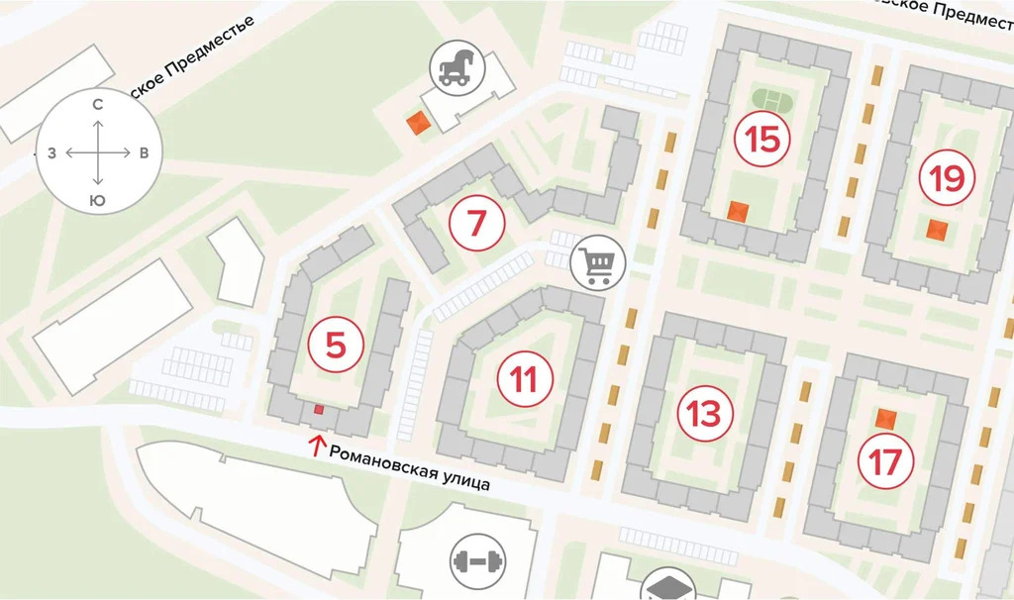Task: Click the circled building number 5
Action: click(x=336, y=346)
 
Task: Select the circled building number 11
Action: click(x=524, y=379)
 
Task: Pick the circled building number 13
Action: click(x=704, y=413)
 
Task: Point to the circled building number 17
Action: click(x=886, y=460)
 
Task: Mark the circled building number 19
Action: click(x=947, y=178)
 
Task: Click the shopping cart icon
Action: click(x=599, y=262)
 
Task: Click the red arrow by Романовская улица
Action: click(x=317, y=446)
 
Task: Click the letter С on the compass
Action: click(x=98, y=104)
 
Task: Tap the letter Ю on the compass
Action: click(x=98, y=201)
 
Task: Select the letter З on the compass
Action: click(x=51, y=153)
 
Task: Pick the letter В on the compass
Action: click(x=145, y=153)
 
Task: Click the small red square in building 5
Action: click(x=318, y=409)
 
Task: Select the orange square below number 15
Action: click(x=737, y=211)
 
